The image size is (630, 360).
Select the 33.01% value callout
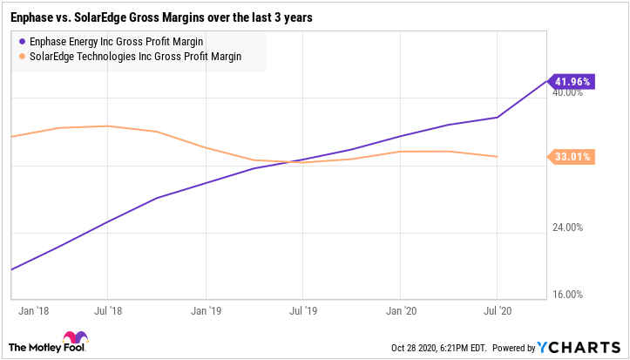click(572, 157)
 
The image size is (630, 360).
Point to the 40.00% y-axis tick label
click(569, 94)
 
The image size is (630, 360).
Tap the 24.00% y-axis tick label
click(569, 228)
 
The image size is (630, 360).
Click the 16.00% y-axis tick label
click(569, 295)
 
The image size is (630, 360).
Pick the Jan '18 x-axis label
click(31, 309)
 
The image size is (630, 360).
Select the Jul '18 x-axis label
click(107, 309)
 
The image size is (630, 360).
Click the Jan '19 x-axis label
click(205, 309)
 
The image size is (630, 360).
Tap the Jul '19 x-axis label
click(302, 309)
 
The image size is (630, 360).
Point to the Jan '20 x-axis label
click(400, 309)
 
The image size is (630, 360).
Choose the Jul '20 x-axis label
click(497, 309)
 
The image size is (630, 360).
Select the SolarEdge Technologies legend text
click(135, 56)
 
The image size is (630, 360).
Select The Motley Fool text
click(31, 346)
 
